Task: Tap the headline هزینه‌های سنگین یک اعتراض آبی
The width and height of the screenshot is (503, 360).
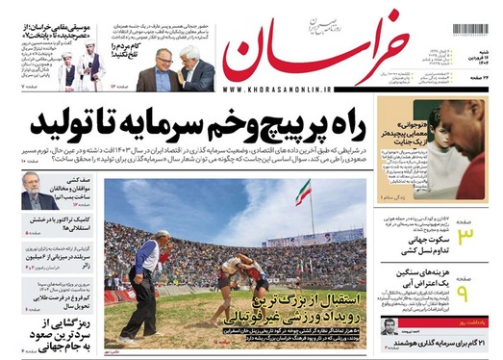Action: pyautogui.click(x=408, y=285)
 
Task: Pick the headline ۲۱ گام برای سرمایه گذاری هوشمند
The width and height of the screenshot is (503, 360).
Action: pyautogui.click(x=433, y=345)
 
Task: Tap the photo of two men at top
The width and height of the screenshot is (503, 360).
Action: pyautogui.click(x=174, y=71)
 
